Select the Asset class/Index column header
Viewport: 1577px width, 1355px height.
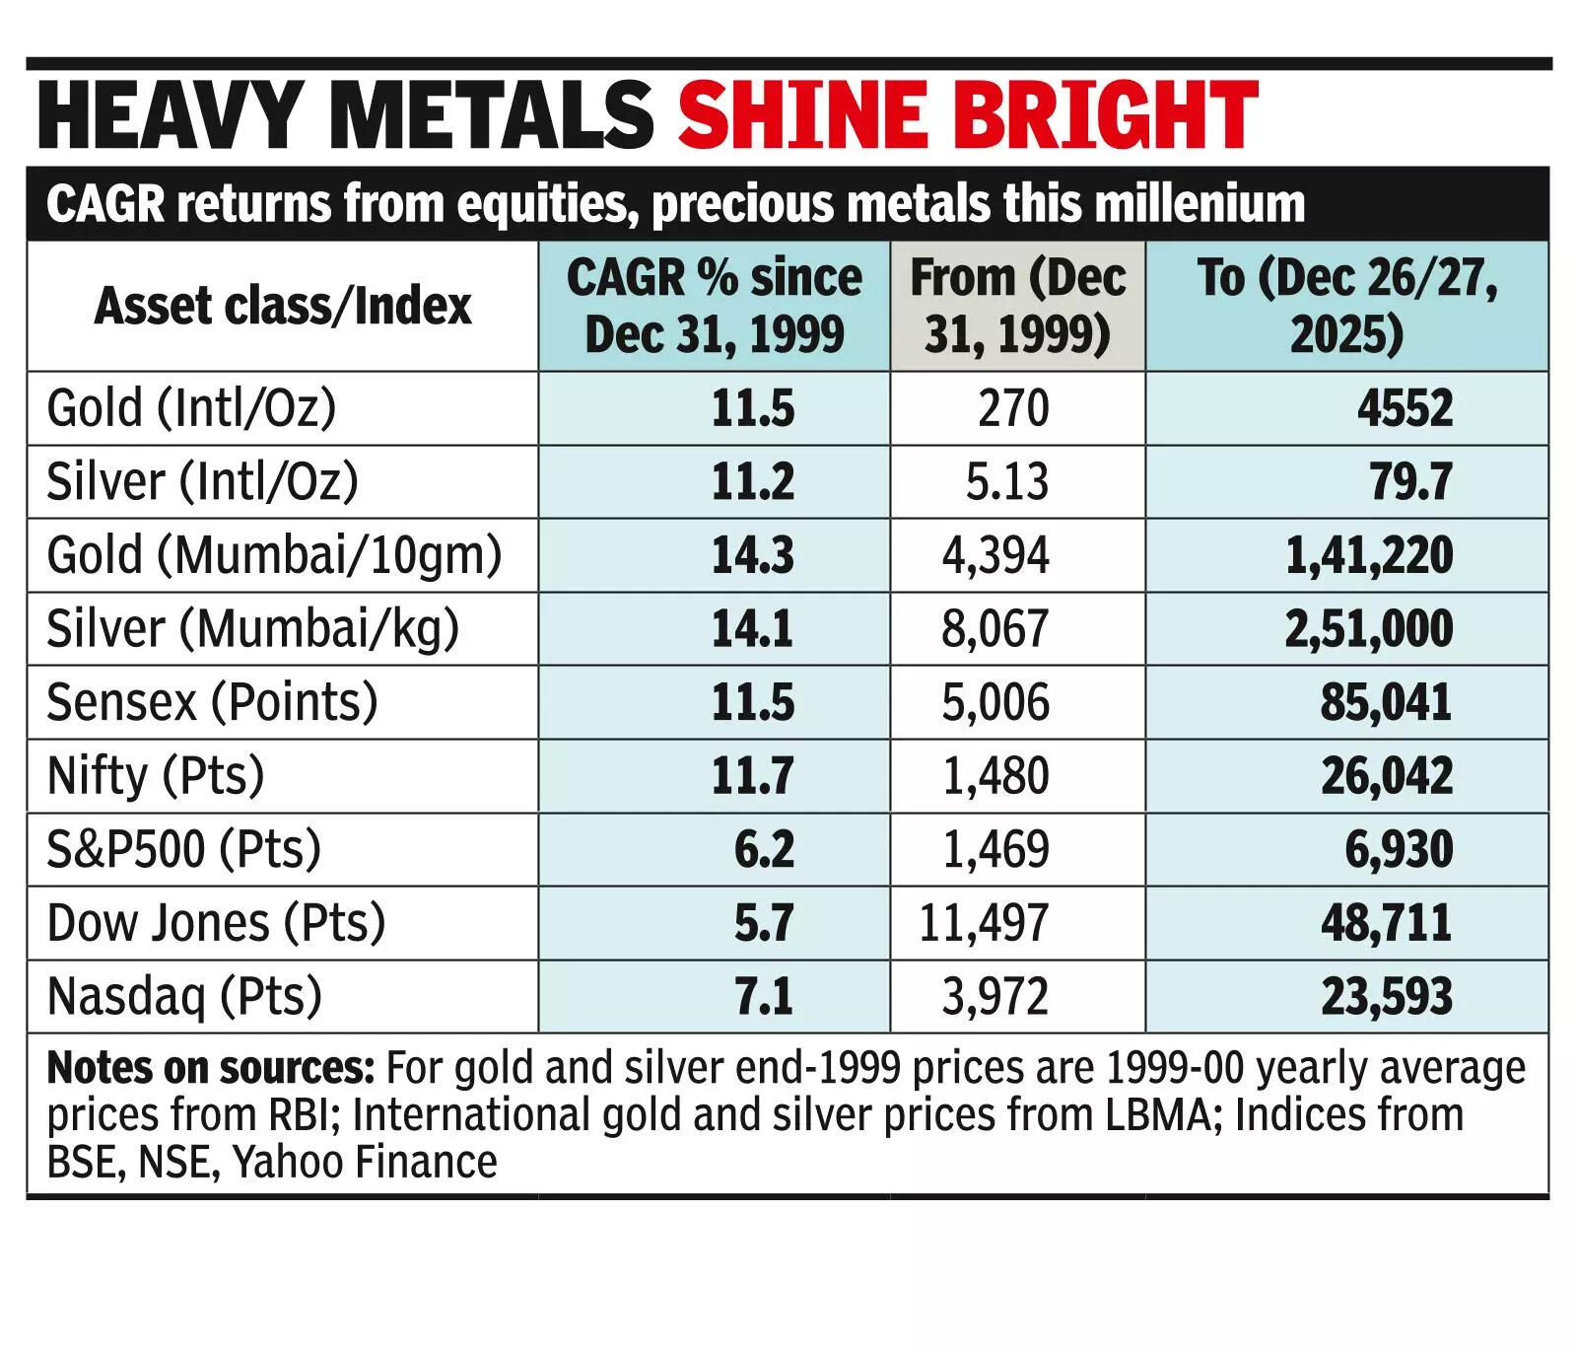pos(283,306)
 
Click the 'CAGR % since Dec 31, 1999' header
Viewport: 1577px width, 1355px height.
pos(714,306)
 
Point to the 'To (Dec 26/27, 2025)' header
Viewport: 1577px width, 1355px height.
pos(1346,306)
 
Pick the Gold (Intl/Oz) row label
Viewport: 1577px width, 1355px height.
pos(191,408)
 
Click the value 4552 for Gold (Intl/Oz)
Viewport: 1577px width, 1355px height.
pos(1405,408)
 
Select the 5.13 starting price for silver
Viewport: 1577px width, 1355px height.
pos(1006,482)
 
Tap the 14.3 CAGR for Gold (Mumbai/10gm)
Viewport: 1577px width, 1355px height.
pos(753,555)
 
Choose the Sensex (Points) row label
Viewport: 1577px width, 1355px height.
pos(212,702)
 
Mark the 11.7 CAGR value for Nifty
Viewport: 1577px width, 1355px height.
pos(753,776)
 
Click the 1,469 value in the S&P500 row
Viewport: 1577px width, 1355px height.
pos(995,849)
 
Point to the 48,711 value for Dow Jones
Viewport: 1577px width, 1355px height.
pos(1386,923)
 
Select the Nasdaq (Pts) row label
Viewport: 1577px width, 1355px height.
pos(184,996)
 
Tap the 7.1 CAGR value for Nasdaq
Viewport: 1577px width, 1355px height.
pos(764,996)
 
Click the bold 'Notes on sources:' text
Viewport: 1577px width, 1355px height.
pos(210,1069)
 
